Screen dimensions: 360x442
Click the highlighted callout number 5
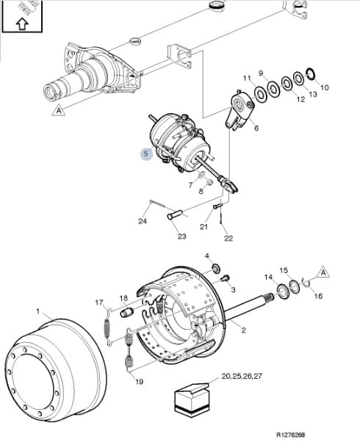point(146,154)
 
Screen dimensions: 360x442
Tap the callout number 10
point(325,87)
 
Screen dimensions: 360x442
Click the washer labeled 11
point(261,93)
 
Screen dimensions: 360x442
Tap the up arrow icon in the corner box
point(22,24)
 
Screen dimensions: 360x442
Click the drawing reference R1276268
point(290,435)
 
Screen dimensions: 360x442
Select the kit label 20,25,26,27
point(242,376)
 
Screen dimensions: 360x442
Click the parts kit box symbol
point(191,399)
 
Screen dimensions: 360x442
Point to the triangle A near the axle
point(59,110)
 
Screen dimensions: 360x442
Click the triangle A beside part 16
point(323,272)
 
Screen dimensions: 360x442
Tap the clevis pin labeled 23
point(175,214)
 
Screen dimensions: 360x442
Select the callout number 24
point(143,221)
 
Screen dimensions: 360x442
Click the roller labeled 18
point(126,312)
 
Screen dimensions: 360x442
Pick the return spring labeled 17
point(107,326)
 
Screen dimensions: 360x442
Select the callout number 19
point(140,382)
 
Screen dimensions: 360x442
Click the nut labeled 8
point(209,183)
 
